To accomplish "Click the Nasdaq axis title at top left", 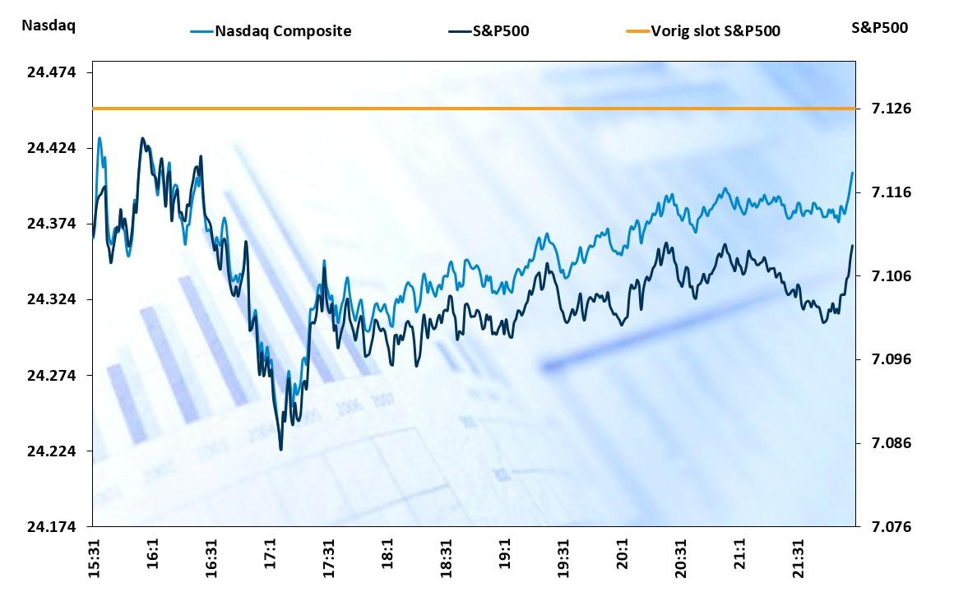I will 49,25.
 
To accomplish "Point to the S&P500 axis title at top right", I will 880,27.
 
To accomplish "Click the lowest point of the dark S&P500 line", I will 281,449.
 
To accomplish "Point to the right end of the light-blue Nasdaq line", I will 853,173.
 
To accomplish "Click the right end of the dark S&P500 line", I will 853,246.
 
